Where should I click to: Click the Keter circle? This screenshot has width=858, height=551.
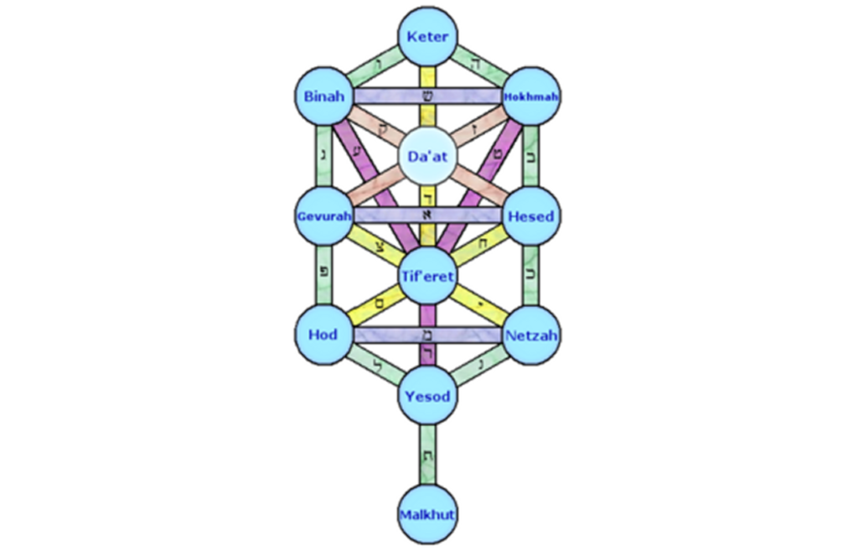coord(428,36)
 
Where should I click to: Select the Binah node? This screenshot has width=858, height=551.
coord(322,96)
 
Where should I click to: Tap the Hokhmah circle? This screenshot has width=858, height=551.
coord(531,96)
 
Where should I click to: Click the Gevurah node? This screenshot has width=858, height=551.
coord(322,216)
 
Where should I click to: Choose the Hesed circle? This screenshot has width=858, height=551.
coord(531,216)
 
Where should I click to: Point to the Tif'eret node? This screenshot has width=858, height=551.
coord(428,277)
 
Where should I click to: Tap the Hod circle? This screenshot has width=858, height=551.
coord(322,335)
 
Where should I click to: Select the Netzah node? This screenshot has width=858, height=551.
coord(531,335)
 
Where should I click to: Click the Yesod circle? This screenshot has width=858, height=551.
coord(428,395)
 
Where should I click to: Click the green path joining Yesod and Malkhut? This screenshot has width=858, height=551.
coord(428,465)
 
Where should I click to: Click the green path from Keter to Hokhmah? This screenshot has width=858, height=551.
coord(480,66)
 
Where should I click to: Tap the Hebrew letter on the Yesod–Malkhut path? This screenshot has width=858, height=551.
coord(428,455)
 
